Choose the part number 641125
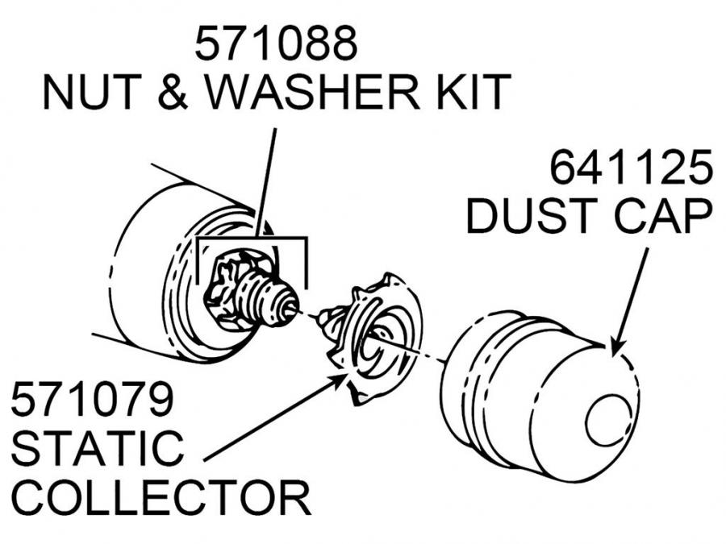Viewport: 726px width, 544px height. point(631,169)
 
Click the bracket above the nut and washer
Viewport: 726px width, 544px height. point(251,239)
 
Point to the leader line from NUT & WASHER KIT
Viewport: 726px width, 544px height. point(267,177)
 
